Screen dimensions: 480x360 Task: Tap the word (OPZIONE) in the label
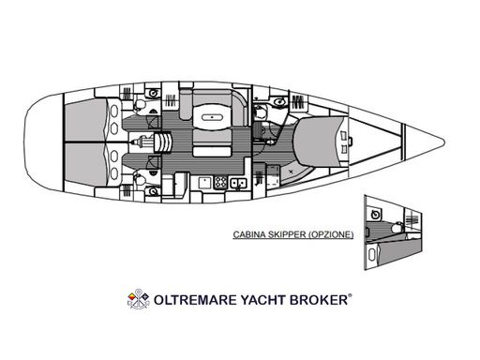(x=331, y=234)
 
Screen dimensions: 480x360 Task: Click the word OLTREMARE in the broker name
(x=196, y=300)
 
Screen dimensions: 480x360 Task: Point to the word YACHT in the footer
(x=263, y=300)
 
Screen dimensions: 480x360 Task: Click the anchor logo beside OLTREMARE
(x=139, y=299)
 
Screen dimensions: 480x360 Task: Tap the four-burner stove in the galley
(x=221, y=182)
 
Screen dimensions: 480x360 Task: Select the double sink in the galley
(x=238, y=183)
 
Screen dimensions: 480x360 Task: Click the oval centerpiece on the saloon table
(x=212, y=118)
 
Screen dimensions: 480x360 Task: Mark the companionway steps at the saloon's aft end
(x=162, y=142)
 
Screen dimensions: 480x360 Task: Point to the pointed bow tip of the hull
(x=443, y=142)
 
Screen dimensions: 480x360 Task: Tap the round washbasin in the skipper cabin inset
(x=376, y=215)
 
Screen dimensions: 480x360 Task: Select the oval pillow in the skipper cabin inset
(x=371, y=255)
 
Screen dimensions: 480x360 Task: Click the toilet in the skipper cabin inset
(x=397, y=227)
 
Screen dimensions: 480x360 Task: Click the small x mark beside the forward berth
(x=291, y=171)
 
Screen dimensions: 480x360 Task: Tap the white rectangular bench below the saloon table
(x=213, y=152)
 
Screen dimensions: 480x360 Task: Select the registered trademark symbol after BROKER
(x=350, y=295)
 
